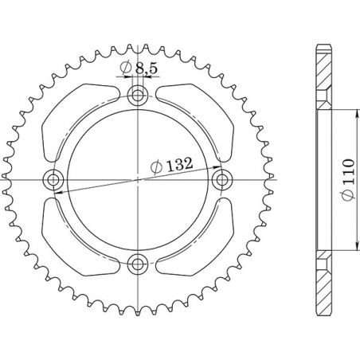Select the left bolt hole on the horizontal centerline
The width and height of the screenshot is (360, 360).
click(57, 178)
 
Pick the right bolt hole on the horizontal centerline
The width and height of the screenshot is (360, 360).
click(221, 178)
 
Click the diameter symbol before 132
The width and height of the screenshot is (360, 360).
click(155, 167)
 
